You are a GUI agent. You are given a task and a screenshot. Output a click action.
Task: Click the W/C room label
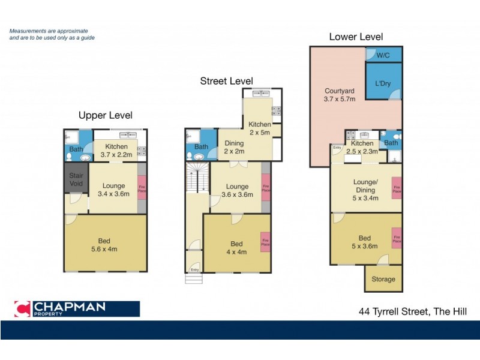pyautogui.click(x=383, y=55)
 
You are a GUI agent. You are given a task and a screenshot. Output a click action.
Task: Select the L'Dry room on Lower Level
pyautogui.click(x=383, y=83)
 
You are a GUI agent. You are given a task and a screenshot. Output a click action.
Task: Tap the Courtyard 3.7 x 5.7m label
pyautogui.click(x=340, y=94)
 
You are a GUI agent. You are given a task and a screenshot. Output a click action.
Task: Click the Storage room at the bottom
pyautogui.click(x=383, y=279)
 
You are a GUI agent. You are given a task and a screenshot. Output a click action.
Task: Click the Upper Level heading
pyautogui.click(x=106, y=115)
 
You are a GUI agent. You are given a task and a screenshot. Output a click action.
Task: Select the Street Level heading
pyautogui.click(x=226, y=81)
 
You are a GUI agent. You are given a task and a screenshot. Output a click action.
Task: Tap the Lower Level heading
pyautogui.click(x=356, y=37)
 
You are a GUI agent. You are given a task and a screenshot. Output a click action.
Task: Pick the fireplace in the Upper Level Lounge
pyautogui.click(x=142, y=187)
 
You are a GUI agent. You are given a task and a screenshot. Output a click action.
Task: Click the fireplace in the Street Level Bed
pyautogui.click(x=265, y=242)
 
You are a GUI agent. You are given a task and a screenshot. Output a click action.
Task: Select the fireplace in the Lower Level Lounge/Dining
pyautogui.click(x=396, y=187)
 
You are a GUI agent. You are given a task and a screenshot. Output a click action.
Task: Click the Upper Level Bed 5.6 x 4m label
pyautogui.click(x=105, y=245)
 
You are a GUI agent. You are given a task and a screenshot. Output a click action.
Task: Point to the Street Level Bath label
pyautogui.click(x=202, y=147)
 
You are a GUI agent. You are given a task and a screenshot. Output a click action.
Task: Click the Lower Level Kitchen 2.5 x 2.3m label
pyautogui.click(x=362, y=148)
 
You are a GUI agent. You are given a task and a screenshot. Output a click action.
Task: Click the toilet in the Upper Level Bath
pyautogui.click(x=70, y=157)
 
